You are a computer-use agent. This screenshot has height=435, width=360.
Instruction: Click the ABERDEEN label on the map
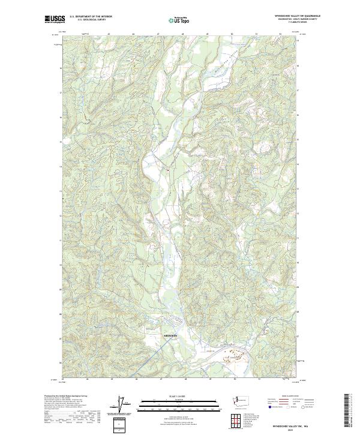[171, 335]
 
